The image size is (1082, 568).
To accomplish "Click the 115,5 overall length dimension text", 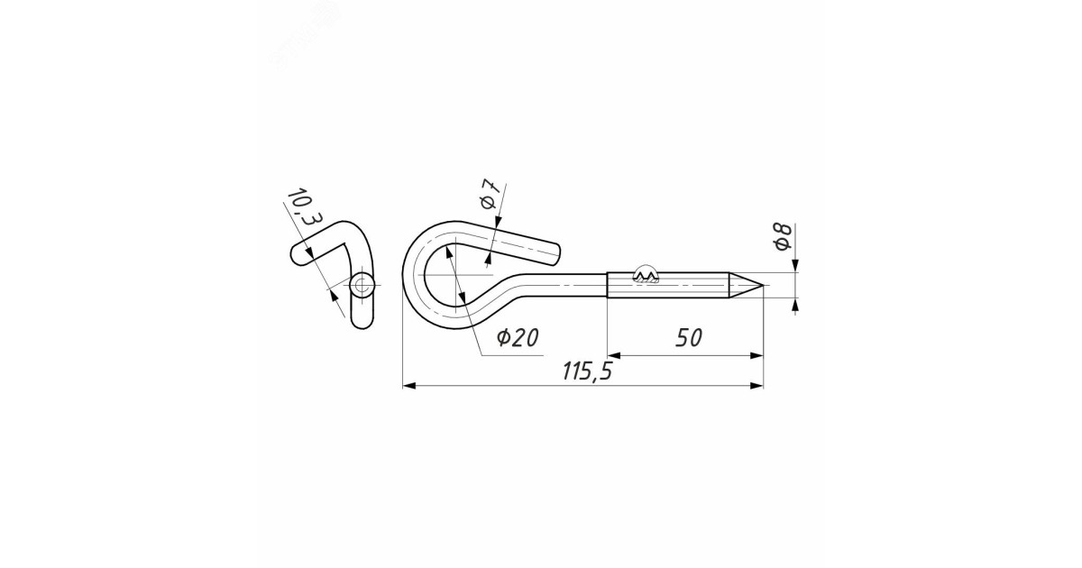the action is [587, 371].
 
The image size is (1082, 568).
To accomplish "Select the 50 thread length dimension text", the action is [689, 337].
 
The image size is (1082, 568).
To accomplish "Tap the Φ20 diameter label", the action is [518, 337].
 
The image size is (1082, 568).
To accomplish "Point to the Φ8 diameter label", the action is [783, 237].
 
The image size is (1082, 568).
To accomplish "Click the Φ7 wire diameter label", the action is [490, 194].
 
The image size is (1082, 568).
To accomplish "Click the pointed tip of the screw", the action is [763, 286].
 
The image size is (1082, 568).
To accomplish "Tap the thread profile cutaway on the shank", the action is [646, 275].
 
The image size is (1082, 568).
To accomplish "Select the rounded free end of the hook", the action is [555, 253].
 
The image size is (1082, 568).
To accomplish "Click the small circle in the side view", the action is [362, 287].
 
